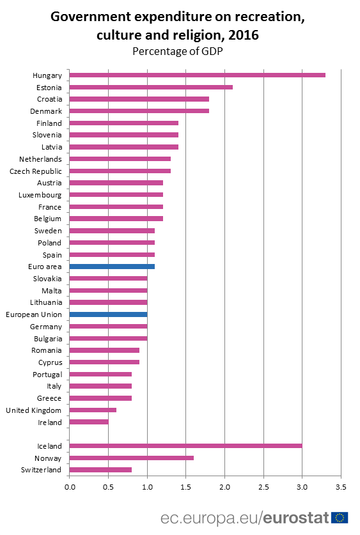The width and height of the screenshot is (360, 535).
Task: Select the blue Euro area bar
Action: pos(112,267)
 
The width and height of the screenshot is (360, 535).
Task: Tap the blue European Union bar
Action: pos(108,314)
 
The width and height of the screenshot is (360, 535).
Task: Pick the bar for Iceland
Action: pos(185,446)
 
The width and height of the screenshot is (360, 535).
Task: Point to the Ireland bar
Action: pos(89,422)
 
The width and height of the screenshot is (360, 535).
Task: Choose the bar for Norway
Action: pos(131,458)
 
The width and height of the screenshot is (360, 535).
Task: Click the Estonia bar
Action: pos(151,87)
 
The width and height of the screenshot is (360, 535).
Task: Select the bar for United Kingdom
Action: pos(93,410)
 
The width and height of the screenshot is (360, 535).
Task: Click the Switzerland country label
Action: pos(40,470)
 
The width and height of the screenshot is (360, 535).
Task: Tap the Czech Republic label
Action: pos(36,171)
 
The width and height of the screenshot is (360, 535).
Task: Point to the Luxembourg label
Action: pos(40,194)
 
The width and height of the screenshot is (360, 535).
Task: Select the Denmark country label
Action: pos(45,111)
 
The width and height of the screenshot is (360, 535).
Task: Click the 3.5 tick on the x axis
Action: pos(341,488)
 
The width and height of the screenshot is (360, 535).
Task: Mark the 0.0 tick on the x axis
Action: pos(70,488)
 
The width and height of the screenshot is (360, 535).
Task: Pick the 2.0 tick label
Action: pos(224,488)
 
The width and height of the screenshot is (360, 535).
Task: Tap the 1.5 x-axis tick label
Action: pos(185,488)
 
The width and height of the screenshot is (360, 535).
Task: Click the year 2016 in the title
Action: pos(244,36)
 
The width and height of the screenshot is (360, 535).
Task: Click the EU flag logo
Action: pos(340,517)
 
